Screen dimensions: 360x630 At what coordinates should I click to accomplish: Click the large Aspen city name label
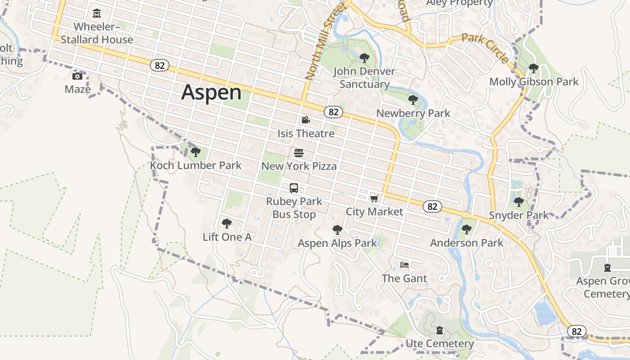pos(211,93)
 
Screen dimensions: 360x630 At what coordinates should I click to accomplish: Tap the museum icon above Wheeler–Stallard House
pos(97,13)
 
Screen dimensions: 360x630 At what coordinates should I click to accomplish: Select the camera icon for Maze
pos(77,76)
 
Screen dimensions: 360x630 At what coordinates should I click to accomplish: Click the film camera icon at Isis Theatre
pos(306,120)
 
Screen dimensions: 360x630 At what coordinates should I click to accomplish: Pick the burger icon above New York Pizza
pos(299,153)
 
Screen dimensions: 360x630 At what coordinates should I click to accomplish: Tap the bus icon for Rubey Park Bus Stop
pos(294,188)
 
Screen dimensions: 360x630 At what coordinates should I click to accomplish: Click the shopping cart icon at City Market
pos(374,198)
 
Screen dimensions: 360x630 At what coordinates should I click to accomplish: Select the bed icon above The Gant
pos(405,265)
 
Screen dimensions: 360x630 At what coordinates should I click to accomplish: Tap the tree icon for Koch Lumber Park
pos(195,152)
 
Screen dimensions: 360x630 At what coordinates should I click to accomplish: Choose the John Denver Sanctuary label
pos(364,77)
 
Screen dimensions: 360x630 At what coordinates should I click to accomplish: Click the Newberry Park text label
pos(413,113)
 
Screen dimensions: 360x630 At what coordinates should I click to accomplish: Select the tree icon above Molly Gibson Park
pos(534,69)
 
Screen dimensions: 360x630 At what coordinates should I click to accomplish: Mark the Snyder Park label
pos(519,215)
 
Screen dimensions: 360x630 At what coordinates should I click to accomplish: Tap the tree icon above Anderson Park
pos(467,229)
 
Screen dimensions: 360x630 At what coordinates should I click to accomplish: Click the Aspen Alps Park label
pos(337,243)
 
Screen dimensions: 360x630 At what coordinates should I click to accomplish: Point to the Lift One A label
pos(227,237)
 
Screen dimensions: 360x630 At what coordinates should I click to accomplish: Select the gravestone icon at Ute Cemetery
pos(440,331)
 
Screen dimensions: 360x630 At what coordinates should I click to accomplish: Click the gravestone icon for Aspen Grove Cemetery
pos(607,268)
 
